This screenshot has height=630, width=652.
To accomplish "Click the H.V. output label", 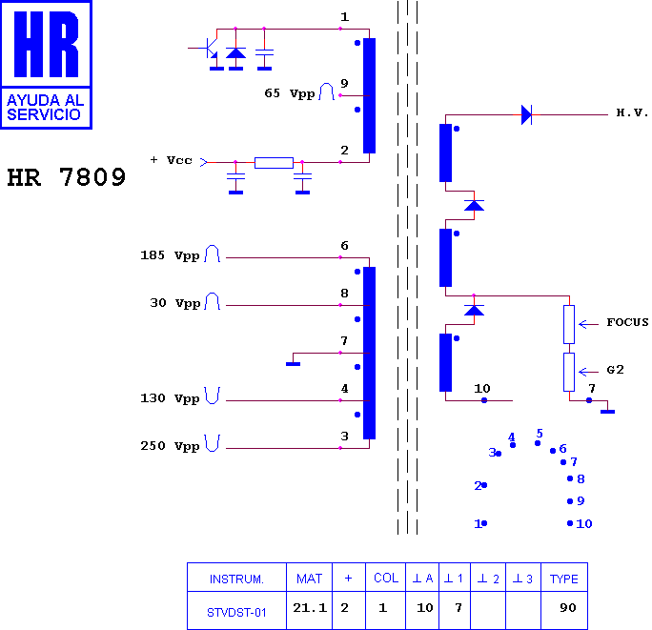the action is pyautogui.click(x=632, y=112).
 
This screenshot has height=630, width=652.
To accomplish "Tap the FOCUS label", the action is pyautogui.click(x=627, y=322).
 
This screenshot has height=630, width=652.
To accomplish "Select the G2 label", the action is pyautogui.click(x=615, y=370).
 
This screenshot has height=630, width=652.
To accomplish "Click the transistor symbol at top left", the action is pyautogui.click(x=209, y=50).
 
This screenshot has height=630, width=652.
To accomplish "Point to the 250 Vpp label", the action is pyautogui.click(x=170, y=446).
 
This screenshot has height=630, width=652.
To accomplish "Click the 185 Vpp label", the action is pyautogui.click(x=170, y=255).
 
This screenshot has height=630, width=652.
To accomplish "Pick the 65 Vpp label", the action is pyautogui.click(x=290, y=93).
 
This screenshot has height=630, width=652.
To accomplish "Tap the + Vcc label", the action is pyautogui.click(x=171, y=160).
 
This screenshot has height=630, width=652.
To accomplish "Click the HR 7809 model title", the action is pyautogui.click(x=67, y=176).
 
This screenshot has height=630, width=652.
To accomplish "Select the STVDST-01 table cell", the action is pyautogui.click(x=236, y=613).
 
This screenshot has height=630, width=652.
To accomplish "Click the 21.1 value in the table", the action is pyautogui.click(x=310, y=608).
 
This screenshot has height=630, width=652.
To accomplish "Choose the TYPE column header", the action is pyautogui.click(x=564, y=579).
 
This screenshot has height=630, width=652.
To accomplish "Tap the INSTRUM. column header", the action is pyautogui.click(x=236, y=579).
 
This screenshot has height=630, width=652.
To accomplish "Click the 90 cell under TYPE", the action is pyautogui.click(x=567, y=608).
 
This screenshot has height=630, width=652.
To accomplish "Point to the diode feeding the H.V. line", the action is pyautogui.click(x=526, y=114).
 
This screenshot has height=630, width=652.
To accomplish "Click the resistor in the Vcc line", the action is pyautogui.click(x=274, y=163).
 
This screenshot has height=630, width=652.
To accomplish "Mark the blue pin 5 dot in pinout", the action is pyautogui.click(x=538, y=443).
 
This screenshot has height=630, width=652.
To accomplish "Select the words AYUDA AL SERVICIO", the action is pyautogui.click(x=46, y=108).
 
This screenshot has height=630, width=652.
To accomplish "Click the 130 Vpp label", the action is pyautogui.click(x=170, y=398).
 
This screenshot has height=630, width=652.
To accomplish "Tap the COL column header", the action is pyautogui.click(x=386, y=578).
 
